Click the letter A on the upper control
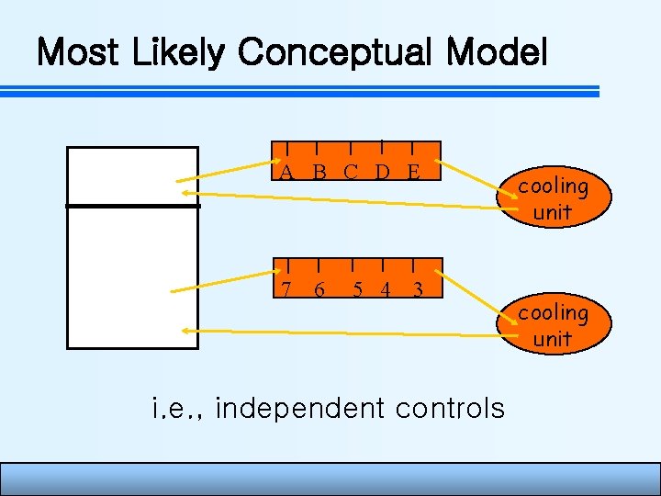coord(287,171)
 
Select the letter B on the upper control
coord(319,171)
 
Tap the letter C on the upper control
coord(351,171)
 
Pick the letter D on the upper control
coord(382,171)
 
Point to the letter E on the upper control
coord(413,171)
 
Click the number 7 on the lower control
coord(286,289)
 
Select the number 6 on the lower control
coord(319,289)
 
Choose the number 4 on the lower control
coord(386,289)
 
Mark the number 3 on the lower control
coord(418,289)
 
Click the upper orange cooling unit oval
coord(552,198)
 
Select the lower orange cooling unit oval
coord(552,325)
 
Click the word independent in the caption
coord(297,407)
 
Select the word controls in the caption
coord(448,407)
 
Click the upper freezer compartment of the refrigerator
coord(133,175)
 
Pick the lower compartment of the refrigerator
coord(133,277)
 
